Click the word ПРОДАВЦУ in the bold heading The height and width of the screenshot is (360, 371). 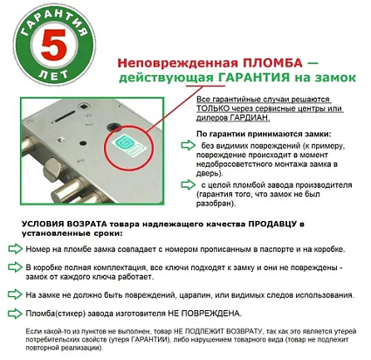[x=262, y=225]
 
